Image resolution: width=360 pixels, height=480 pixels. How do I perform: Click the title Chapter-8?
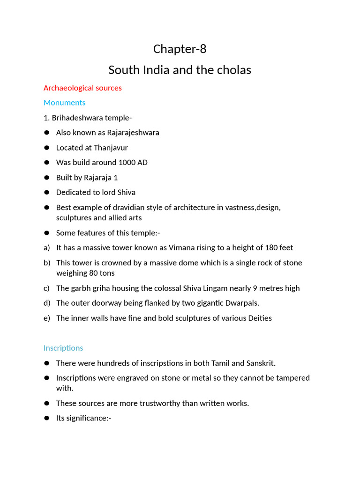coord(180,49)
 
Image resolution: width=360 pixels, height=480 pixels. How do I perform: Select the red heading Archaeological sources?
coord(82,88)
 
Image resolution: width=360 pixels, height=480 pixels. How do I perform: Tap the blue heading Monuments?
coord(64,102)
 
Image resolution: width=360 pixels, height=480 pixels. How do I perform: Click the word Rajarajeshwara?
coord(133,133)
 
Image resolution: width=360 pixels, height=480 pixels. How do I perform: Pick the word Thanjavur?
coord(111,148)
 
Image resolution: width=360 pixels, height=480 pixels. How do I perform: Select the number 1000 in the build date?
coord(121,163)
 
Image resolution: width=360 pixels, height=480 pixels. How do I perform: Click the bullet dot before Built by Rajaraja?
coord(46,178)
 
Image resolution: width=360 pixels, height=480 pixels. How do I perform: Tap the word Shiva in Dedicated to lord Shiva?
coord(125,192)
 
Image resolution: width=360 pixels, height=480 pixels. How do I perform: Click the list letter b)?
coord(47,262)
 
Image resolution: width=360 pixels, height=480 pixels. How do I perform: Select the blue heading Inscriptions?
coord(63,348)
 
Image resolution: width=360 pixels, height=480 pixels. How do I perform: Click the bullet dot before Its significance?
coord(46,418)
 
